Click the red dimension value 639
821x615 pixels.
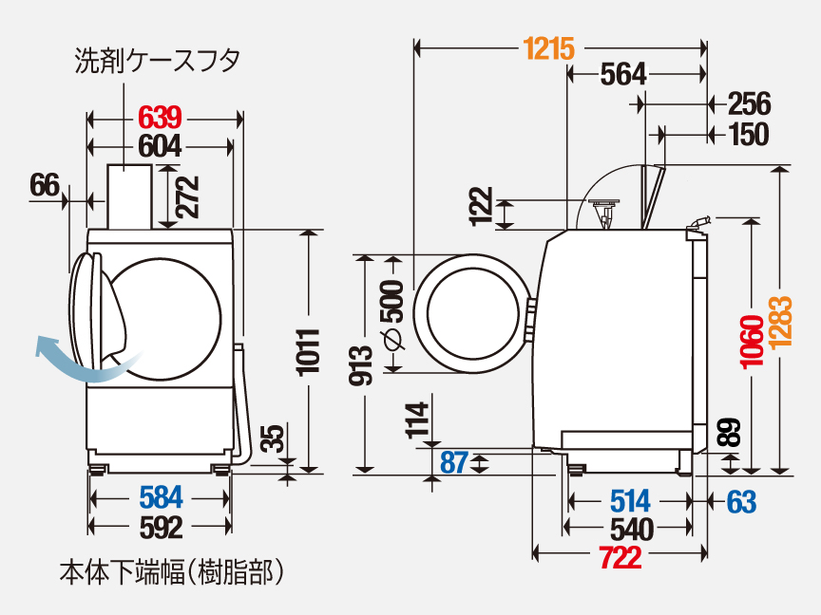pos(160,119)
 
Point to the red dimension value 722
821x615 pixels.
pos(620,557)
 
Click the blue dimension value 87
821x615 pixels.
pos(454,463)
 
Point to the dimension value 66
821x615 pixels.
pos(44,185)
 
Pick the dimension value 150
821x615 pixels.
pos(748,136)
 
